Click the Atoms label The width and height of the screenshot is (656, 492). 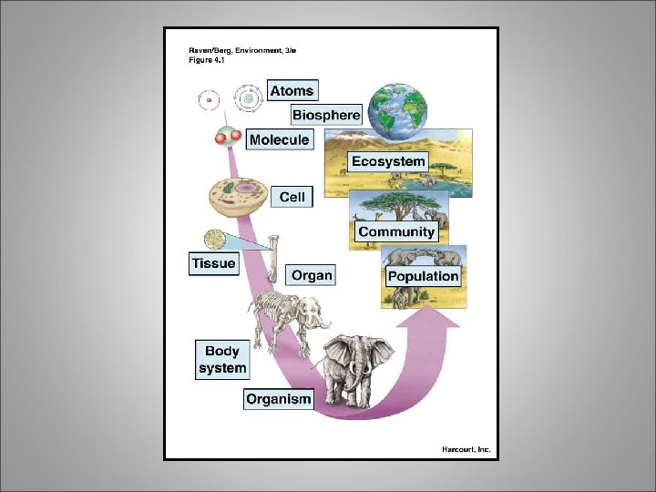(292, 91)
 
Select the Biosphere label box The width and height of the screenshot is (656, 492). (326, 116)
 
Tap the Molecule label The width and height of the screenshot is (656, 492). (279, 140)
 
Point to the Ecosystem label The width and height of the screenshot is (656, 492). (388, 162)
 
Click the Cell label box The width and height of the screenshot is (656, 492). (292, 197)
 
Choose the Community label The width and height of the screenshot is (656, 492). (396, 232)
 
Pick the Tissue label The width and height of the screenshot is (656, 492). (213, 263)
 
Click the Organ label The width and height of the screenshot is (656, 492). (312, 275)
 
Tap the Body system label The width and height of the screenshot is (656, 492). (222, 360)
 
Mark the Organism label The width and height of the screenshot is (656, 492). (279, 398)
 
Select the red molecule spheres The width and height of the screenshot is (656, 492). (228, 138)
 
